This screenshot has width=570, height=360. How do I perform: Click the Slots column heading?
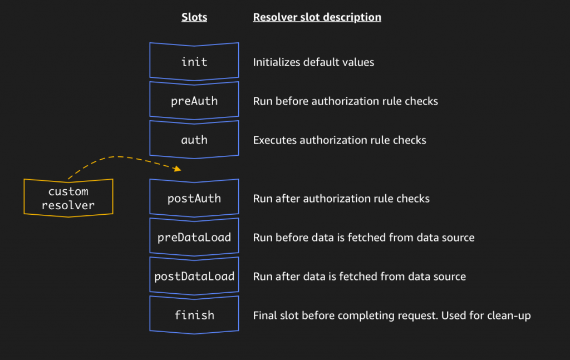(x=194, y=17)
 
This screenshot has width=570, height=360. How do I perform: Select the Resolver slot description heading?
(x=317, y=17)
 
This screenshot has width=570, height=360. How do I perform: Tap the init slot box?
(x=194, y=62)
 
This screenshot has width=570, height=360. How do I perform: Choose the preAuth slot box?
(x=194, y=101)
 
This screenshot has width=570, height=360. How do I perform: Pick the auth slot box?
(x=194, y=140)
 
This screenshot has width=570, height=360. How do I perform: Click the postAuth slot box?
(x=194, y=199)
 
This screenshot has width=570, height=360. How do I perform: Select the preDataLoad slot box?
(x=194, y=238)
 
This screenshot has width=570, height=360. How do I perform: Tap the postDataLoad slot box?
(x=194, y=277)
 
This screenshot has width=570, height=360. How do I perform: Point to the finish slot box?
(x=194, y=315)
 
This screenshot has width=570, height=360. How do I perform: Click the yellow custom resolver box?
(x=68, y=198)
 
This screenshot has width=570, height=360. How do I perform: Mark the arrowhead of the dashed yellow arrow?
(x=178, y=169)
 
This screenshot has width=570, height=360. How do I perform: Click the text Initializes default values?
(x=313, y=62)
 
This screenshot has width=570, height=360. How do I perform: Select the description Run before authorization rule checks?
(x=345, y=101)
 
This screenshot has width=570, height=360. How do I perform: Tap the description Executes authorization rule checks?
(x=340, y=140)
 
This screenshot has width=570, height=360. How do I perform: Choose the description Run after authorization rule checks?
(x=341, y=199)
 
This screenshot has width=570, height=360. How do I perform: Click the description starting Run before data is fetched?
(x=363, y=238)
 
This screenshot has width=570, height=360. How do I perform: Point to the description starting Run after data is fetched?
(x=359, y=277)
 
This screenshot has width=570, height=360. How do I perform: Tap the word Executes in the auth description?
(x=275, y=140)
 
